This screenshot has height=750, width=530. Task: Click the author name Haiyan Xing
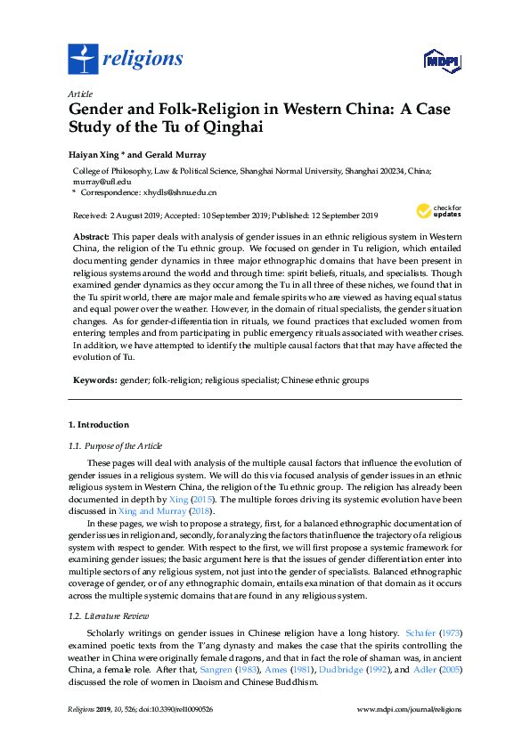click(x=95, y=155)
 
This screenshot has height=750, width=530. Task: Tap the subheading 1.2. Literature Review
click(x=108, y=615)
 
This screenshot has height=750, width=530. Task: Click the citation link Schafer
click(x=421, y=632)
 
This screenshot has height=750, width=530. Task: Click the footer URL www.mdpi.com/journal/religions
click(x=408, y=708)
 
